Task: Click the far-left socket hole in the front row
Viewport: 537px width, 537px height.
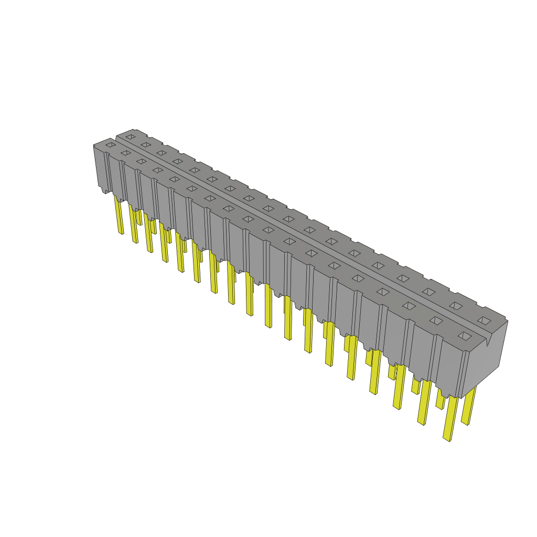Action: pos(110,145)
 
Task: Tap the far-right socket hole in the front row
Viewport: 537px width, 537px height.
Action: pos(465,336)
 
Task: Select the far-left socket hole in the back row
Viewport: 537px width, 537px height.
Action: pos(130,137)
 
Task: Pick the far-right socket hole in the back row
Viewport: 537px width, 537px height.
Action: pos(484,320)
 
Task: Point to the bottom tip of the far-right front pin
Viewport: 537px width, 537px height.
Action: pos(446,439)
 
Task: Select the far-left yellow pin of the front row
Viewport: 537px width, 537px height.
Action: pos(119,215)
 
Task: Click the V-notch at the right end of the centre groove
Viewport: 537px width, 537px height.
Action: pos(487,343)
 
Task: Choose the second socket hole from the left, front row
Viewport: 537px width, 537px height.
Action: pos(125,153)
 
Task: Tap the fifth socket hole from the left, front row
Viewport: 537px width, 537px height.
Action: pos(174,179)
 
